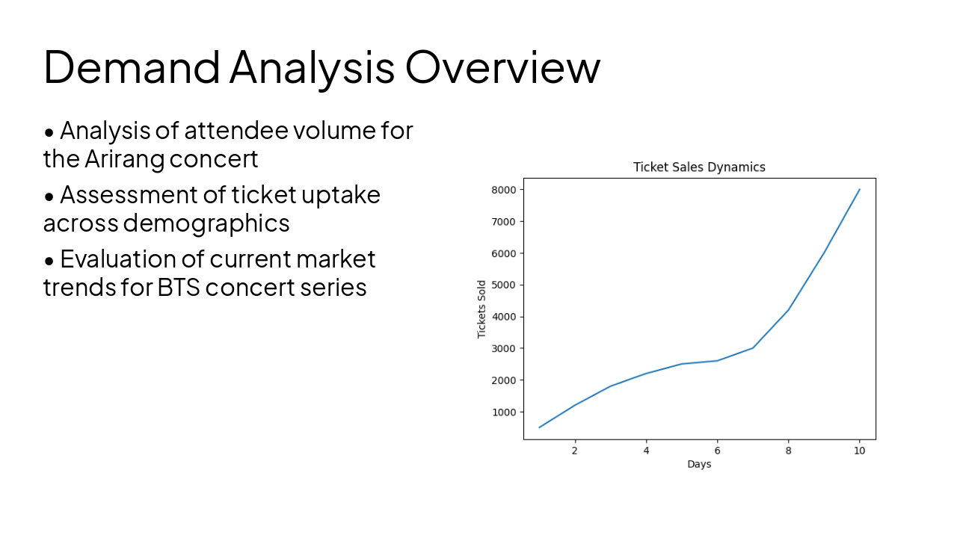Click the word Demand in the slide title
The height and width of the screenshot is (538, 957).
(x=132, y=66)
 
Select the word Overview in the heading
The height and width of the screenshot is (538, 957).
(x=502, y=66)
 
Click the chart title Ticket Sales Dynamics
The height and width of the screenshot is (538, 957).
(x=699, y=167)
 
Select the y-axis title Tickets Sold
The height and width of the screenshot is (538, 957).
(x=482, y=309)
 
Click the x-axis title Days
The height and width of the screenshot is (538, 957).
(x=699, y=464)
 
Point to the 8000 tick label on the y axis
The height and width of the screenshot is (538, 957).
(x=504, y=190)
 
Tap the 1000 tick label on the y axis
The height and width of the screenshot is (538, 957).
(x=504, y=412)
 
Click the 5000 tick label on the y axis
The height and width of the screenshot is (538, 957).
(x=504, y=285)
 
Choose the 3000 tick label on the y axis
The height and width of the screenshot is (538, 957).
(x=504, y=348)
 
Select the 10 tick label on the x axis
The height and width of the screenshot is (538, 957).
(x=859, y=451)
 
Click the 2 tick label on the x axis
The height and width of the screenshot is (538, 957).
(x=574, y=451)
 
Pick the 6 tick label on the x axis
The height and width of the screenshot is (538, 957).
(x=717, y=451)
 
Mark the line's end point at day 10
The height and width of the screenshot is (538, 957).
(x=859, y=190)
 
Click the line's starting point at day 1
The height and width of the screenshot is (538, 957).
(x=539, y=427)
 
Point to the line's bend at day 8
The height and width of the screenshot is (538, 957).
(x=788, y=310)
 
